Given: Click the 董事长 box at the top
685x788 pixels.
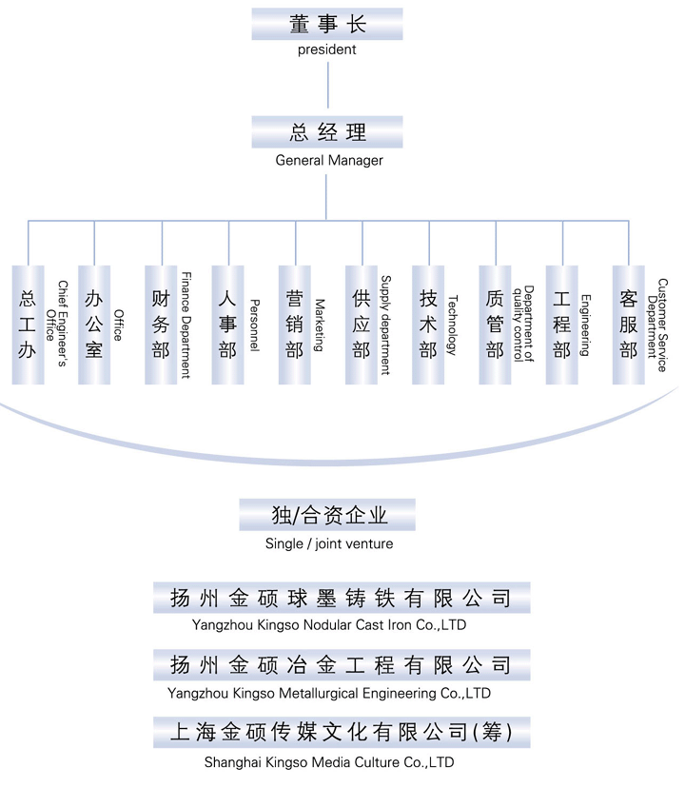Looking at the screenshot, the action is (327, 24).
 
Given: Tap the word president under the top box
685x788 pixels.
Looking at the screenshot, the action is (326, 49).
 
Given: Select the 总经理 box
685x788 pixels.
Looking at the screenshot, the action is (327, 132).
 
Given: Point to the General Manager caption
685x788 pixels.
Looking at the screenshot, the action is (329, 160).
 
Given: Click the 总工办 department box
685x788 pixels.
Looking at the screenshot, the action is (29, 325).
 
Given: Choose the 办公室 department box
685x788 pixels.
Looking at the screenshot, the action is (94, 325).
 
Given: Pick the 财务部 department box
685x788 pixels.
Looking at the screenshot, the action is (161, 325).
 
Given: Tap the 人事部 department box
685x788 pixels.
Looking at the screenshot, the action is (227, 325).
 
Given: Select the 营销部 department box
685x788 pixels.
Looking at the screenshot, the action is (295, 325).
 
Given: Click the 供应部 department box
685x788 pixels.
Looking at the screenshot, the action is (362, 325).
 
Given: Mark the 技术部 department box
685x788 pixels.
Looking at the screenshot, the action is (428, 325).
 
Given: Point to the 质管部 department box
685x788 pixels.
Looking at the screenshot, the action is (495, 325).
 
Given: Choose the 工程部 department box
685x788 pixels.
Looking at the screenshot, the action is (562, 325).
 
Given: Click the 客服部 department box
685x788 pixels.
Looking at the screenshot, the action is (628, 325).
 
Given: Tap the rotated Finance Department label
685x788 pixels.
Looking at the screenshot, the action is (186, 325).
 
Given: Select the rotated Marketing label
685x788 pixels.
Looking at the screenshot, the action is (320, 325).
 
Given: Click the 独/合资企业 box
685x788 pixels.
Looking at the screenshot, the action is (327, 515).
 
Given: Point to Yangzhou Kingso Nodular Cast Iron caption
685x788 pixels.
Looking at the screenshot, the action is (329, 625).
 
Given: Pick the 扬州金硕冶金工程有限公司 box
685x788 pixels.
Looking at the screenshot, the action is (342, 665).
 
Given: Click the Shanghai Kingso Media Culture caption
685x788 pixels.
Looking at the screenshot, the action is (329, 762).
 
